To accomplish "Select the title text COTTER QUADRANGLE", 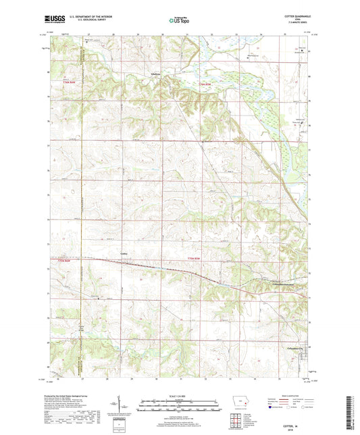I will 295,16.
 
